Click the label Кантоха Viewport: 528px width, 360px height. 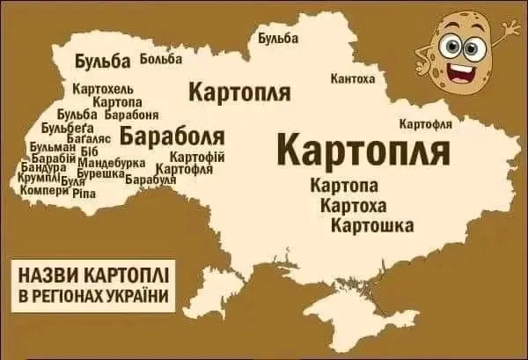(352, 79)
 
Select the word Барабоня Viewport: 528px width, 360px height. (131, 114)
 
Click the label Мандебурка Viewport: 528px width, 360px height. (112, 163)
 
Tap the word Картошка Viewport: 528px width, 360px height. (372, 226)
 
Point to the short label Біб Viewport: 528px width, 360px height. (89, 152)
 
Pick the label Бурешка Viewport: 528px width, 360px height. (98, 173)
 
